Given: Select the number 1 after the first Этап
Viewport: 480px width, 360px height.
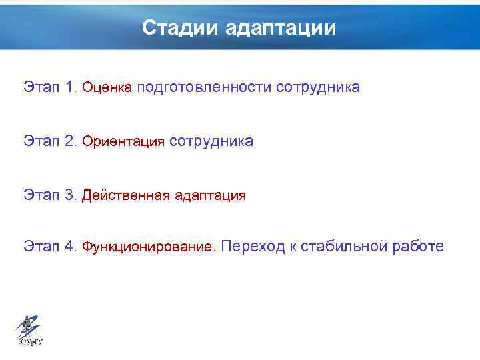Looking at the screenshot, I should click(71, 87).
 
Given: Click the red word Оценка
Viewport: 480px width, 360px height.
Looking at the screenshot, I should click(107, 87).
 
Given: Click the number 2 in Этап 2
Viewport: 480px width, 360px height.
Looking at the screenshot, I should click(71, 141).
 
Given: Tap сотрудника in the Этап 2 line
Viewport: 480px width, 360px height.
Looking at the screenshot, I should click(211, 141).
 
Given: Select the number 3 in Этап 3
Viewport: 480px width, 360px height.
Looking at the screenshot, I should click(71, 195).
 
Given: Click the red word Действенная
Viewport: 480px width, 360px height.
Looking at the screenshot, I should click(125, 196).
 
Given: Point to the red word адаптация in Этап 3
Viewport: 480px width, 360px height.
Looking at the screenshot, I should click(210, 196).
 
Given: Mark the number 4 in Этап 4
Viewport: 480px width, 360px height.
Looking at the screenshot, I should click(71, 247).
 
